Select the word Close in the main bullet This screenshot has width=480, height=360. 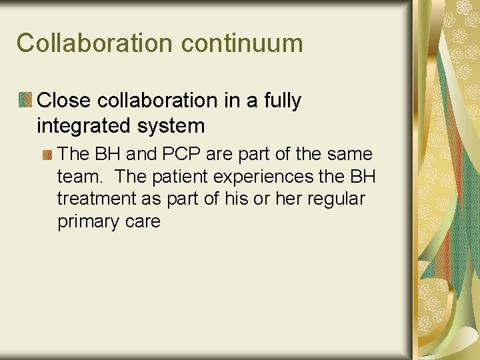pyautogui.click(x=64, y=101)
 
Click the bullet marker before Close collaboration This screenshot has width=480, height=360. pyautogui.click(x=26, y=101)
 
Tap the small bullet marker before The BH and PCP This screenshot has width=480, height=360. pyautogui.click(x=47, y=155)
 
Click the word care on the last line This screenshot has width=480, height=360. pyautogui.click(x=142, y=221)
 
